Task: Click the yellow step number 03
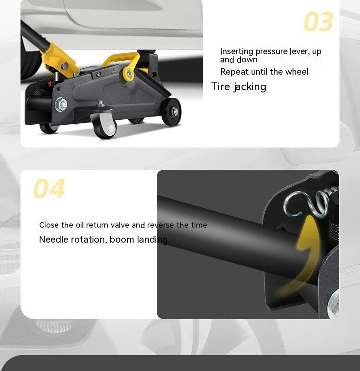(319, 22)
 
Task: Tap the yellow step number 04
(49, 189)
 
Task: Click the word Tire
(221, 86)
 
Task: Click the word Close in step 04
(49, 225)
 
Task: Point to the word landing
(153, 240)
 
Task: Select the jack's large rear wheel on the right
(171, 112)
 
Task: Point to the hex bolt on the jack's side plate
(61, 104)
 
